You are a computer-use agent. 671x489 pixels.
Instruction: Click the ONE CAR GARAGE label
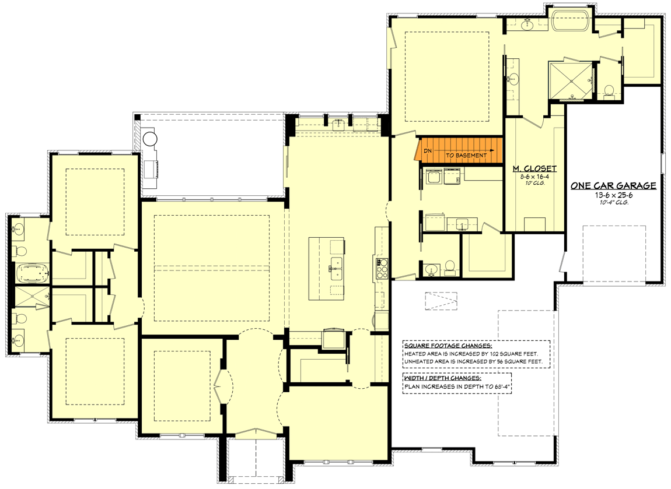[x=614, y=185]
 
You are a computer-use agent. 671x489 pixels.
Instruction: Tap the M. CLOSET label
[x=535, y=169]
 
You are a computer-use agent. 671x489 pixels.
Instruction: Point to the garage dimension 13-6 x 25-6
[x=614, y=195]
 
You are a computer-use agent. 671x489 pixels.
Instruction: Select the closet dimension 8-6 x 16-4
[x=535, y=176]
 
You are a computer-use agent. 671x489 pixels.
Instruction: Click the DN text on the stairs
[x=428, y=151]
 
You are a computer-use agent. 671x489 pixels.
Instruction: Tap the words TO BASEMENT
[x=466, y=155]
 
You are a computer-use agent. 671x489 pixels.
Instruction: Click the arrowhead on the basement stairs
[x=492, y=150]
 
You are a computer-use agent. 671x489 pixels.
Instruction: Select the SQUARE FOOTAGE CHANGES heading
[x=448, y=346]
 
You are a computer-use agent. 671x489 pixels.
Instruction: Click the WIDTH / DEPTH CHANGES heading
[x=442, y=378]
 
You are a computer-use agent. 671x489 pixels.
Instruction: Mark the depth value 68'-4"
[x=503, y=387]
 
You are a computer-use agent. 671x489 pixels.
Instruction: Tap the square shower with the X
[x=571, y=81]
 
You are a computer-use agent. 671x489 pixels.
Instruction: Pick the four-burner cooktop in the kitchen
[x=381, y=269]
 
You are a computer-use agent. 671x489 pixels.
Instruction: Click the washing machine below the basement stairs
[x=434, y=177]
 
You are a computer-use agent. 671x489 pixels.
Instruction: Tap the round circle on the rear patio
[x=150, y=139]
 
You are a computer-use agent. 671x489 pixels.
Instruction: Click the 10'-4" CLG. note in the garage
[x=614, y=203]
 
